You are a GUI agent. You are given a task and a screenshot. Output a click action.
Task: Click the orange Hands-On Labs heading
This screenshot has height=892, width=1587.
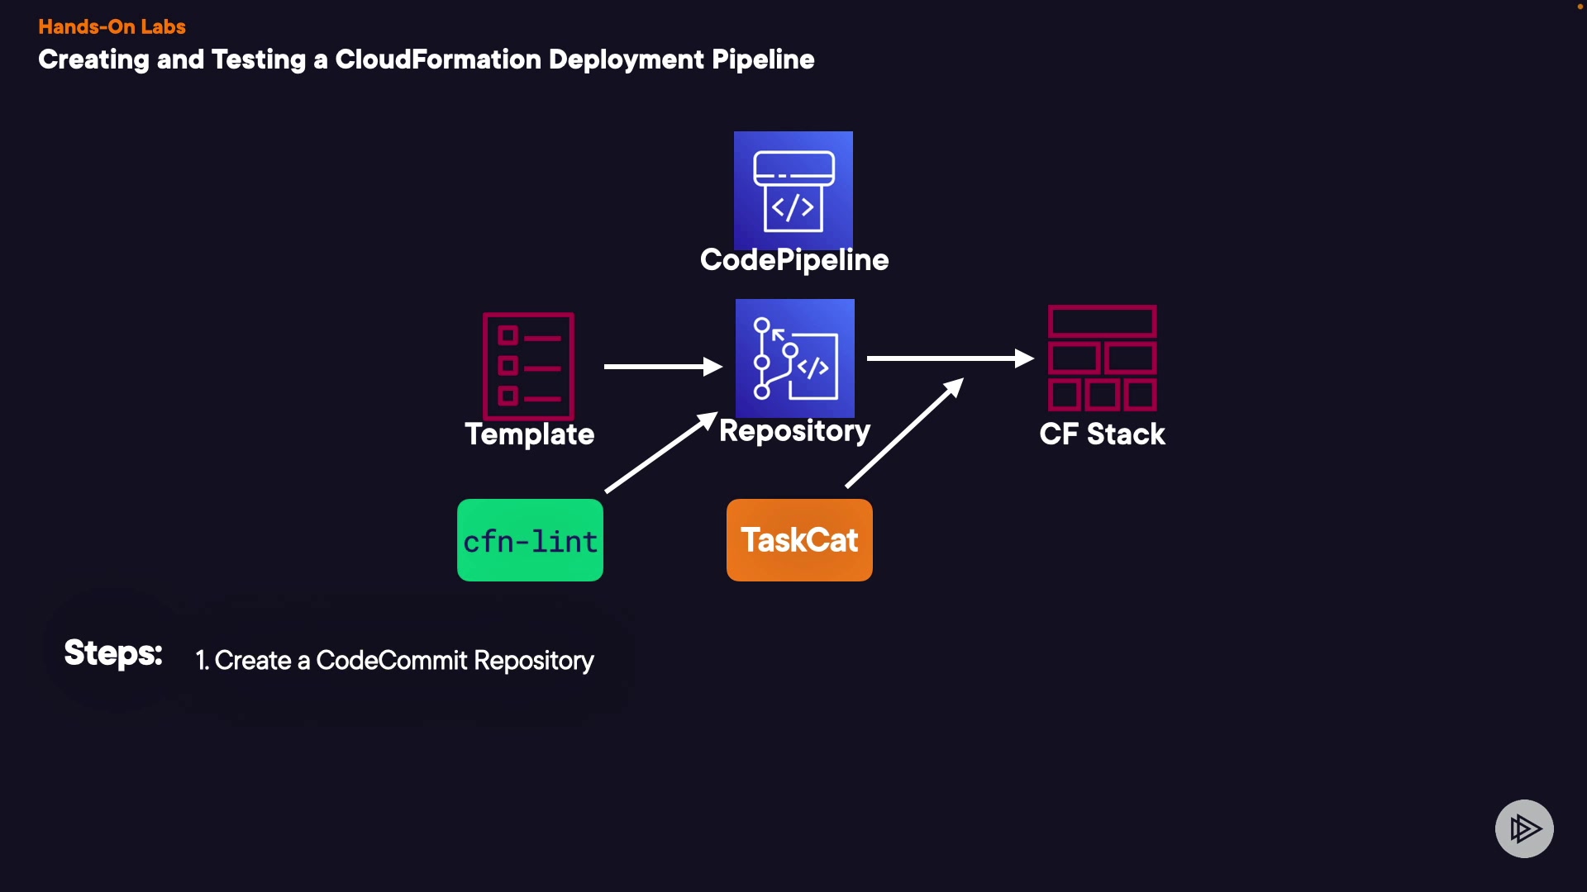112,26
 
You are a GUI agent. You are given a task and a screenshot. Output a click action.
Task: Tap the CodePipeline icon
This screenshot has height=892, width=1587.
793,190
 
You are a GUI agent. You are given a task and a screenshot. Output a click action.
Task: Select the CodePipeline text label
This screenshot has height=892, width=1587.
794,260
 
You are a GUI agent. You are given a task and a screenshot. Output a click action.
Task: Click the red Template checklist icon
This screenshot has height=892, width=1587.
529,366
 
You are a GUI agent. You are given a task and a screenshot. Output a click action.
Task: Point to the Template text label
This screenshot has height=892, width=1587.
530,434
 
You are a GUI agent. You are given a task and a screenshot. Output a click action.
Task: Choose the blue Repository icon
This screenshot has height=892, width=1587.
795,358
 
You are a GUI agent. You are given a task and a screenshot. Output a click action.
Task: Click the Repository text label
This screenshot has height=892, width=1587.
794,431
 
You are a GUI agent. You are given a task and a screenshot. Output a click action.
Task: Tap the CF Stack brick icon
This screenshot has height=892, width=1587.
1103,358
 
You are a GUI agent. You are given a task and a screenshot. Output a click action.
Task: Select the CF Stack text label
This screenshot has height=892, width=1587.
1103,434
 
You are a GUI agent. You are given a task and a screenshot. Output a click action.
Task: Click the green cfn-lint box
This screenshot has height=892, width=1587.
530,540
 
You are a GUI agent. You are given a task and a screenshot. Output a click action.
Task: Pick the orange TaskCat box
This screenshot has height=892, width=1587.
799,540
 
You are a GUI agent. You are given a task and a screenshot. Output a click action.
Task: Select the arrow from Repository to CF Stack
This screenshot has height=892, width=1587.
950,358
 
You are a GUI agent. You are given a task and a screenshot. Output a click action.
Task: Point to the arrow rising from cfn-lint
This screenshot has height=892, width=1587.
660,453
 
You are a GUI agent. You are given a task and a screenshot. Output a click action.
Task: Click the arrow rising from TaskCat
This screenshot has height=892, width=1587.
904,433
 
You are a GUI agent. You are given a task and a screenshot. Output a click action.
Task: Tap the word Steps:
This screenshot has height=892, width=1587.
113,653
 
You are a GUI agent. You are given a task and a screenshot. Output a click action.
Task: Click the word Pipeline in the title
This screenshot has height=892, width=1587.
763,59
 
